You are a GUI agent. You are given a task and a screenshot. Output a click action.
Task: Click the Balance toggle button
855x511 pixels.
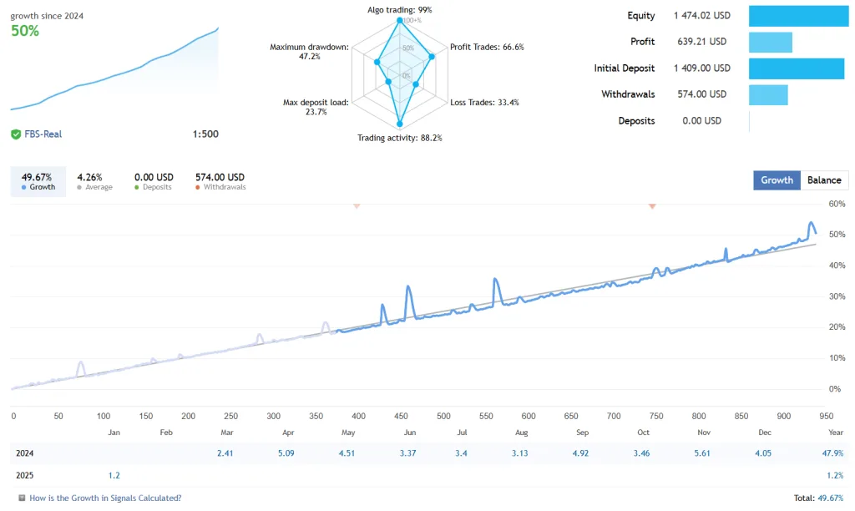pyautogui.click(x=824, y=180)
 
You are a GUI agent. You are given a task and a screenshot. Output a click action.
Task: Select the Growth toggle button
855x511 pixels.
pyautogui.click(x=777, y=180)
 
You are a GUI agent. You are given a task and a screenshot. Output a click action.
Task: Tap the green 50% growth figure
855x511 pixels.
pyautogui.click(x=25, y=31)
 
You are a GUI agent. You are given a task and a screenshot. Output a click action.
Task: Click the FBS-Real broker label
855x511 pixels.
pyautogui.click(x=42, y=134)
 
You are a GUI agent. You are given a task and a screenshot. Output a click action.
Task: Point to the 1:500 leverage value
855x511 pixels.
pyautogui.click(x=205, y=134)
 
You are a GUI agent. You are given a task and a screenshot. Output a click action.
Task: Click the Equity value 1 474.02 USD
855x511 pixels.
pyautogui.click(x=701, y=16)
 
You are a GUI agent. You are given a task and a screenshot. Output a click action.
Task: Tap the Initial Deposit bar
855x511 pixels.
pyautogui.click(x=797, y=68)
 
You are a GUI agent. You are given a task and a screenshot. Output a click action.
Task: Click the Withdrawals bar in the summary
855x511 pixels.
pyautogui.click(x=768, y=94)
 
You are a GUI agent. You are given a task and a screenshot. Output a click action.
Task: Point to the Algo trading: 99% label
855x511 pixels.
pyautogui.click(x=400, y=10)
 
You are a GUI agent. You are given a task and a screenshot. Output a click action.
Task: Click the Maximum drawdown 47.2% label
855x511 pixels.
pyautogui.click(x=309, y=52)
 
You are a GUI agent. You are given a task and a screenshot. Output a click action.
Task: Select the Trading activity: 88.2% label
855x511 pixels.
pyautogui.click(x=400, y=138)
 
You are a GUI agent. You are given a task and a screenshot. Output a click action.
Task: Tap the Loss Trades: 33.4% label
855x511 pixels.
pyautogui.click(x=484, y=103)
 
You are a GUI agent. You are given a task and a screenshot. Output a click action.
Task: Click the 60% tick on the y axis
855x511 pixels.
pyautogui.click(x=837, y=204)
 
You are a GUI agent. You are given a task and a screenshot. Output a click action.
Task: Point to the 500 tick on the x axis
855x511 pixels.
pyautogui.click(x=443, y=416)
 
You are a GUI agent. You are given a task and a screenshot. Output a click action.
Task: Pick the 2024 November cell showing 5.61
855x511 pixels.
pyautogui.click(x=703, y=453)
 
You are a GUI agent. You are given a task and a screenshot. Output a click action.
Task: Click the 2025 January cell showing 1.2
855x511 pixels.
pyautogui.click(x=114, y=475)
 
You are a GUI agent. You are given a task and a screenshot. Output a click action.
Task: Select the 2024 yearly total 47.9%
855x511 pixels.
pyautogui.click(x=832, y=453)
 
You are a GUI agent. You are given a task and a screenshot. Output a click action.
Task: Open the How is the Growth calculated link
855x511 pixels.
pyautogui.click(x=105, y=498)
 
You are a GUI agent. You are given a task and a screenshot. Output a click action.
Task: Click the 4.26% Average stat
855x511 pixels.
pyautogui.click(x=89, y=181)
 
